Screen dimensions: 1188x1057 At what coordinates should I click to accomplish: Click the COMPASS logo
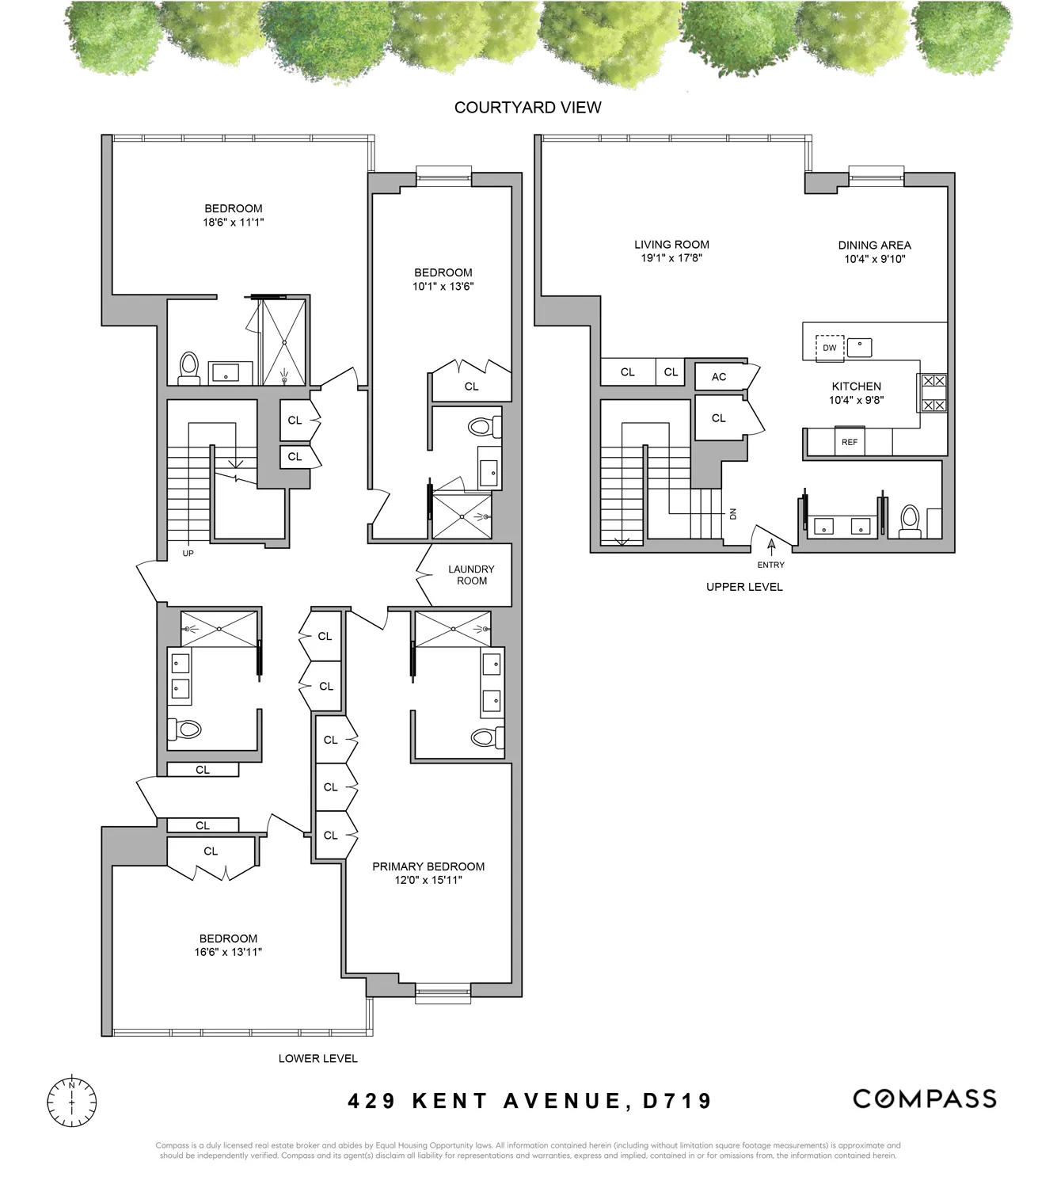pyautogui.click(x=924, y=1099)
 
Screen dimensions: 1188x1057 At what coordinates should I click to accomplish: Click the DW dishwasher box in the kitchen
pyautogui.click(x=829, y=348)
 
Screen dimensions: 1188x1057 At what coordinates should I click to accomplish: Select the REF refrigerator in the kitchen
pyautogui.click(x=849, y=442)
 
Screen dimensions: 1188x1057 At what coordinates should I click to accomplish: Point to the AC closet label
pyautogui.click(x=718, y=377)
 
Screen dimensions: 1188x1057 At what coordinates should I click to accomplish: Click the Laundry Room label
pyautogui.click(x=471, y=575)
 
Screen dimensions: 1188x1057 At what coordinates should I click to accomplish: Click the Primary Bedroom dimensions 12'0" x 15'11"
pyautogui.click(x=428, y=880)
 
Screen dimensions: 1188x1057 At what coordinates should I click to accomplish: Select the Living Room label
pyautogui.click(x=671, y=245)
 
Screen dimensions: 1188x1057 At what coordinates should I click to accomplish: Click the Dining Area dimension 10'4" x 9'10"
pyautogui.click(x=874, y=259)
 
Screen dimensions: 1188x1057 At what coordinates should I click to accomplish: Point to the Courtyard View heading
pyautogui.click(x=527, y=108)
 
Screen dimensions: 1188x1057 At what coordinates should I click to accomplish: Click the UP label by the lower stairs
pyautogui.click(x=188, y=554)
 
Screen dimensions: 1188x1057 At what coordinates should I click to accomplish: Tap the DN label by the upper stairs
pyautogui.click(x=732, y=513)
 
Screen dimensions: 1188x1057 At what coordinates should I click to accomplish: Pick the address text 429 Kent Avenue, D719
pyautogui.click(x=530, y=1100)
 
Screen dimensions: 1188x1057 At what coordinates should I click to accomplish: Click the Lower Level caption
pyautogui.click(x=317, y=1058)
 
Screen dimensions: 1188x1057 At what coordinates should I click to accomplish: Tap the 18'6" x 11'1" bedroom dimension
pyautogui.click(x=233, y=223)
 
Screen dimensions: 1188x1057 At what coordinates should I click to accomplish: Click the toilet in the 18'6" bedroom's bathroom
pyautogui.click(x=188, y=367)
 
